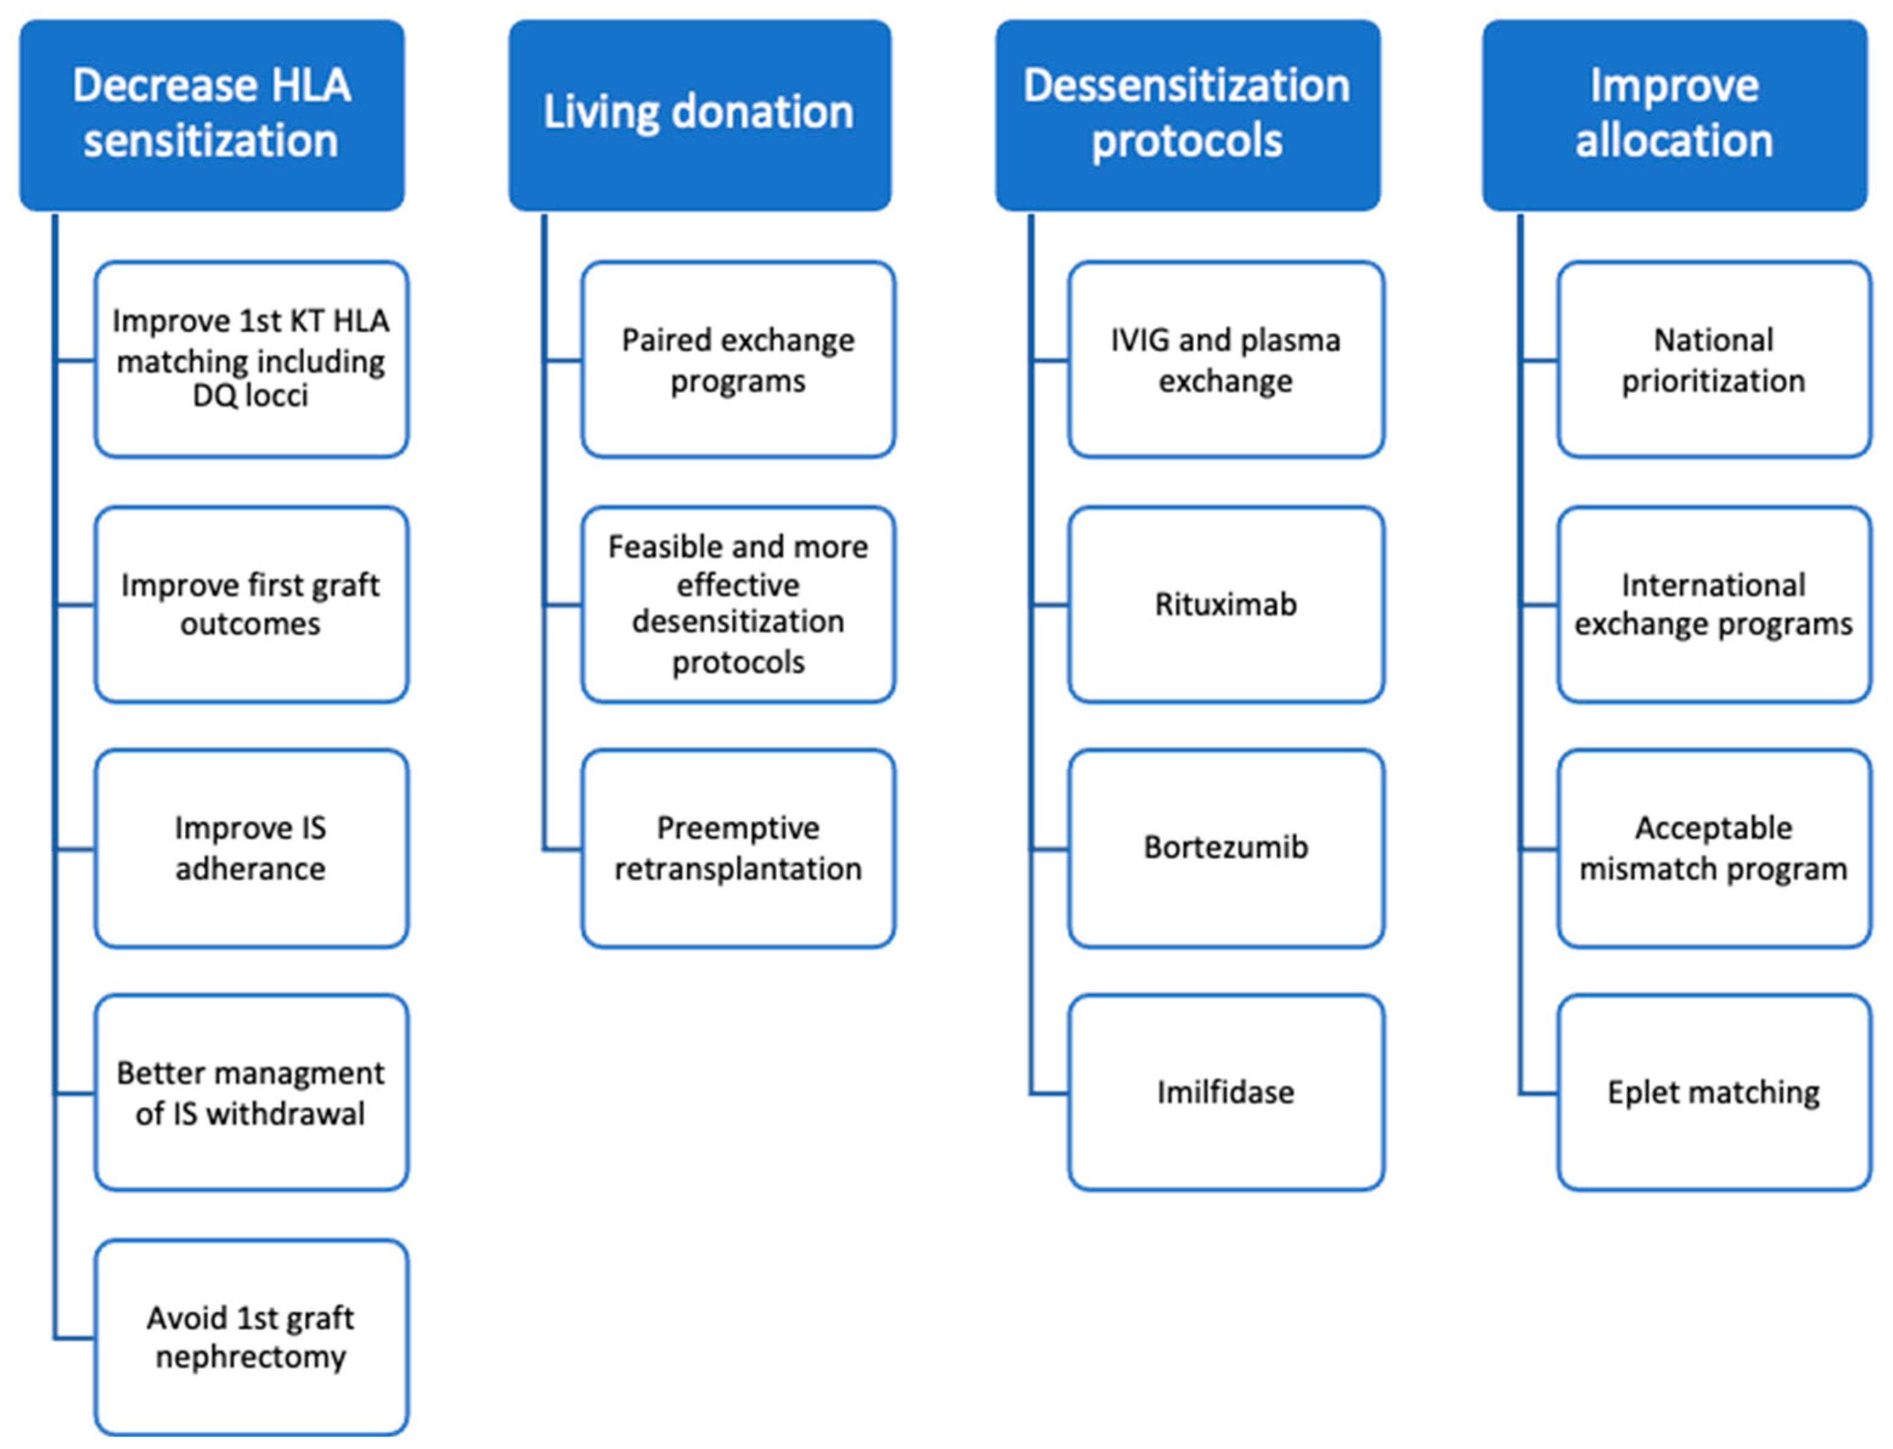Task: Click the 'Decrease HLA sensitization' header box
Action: point(211,115)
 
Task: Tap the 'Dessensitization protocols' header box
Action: point(1187,115)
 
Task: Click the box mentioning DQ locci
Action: point(251,359)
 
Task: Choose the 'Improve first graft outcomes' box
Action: point(251,604)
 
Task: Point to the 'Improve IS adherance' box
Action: point(251,848)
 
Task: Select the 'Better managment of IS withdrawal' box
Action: point(251,1092)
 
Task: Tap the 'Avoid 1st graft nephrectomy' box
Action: point(251,1337)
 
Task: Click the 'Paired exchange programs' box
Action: point(738,359)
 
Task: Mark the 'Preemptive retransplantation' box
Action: point(738,848)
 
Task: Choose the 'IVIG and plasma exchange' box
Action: point(1226,359)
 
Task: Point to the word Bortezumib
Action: point(1226,847)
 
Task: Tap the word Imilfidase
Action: point(1226,1092)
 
